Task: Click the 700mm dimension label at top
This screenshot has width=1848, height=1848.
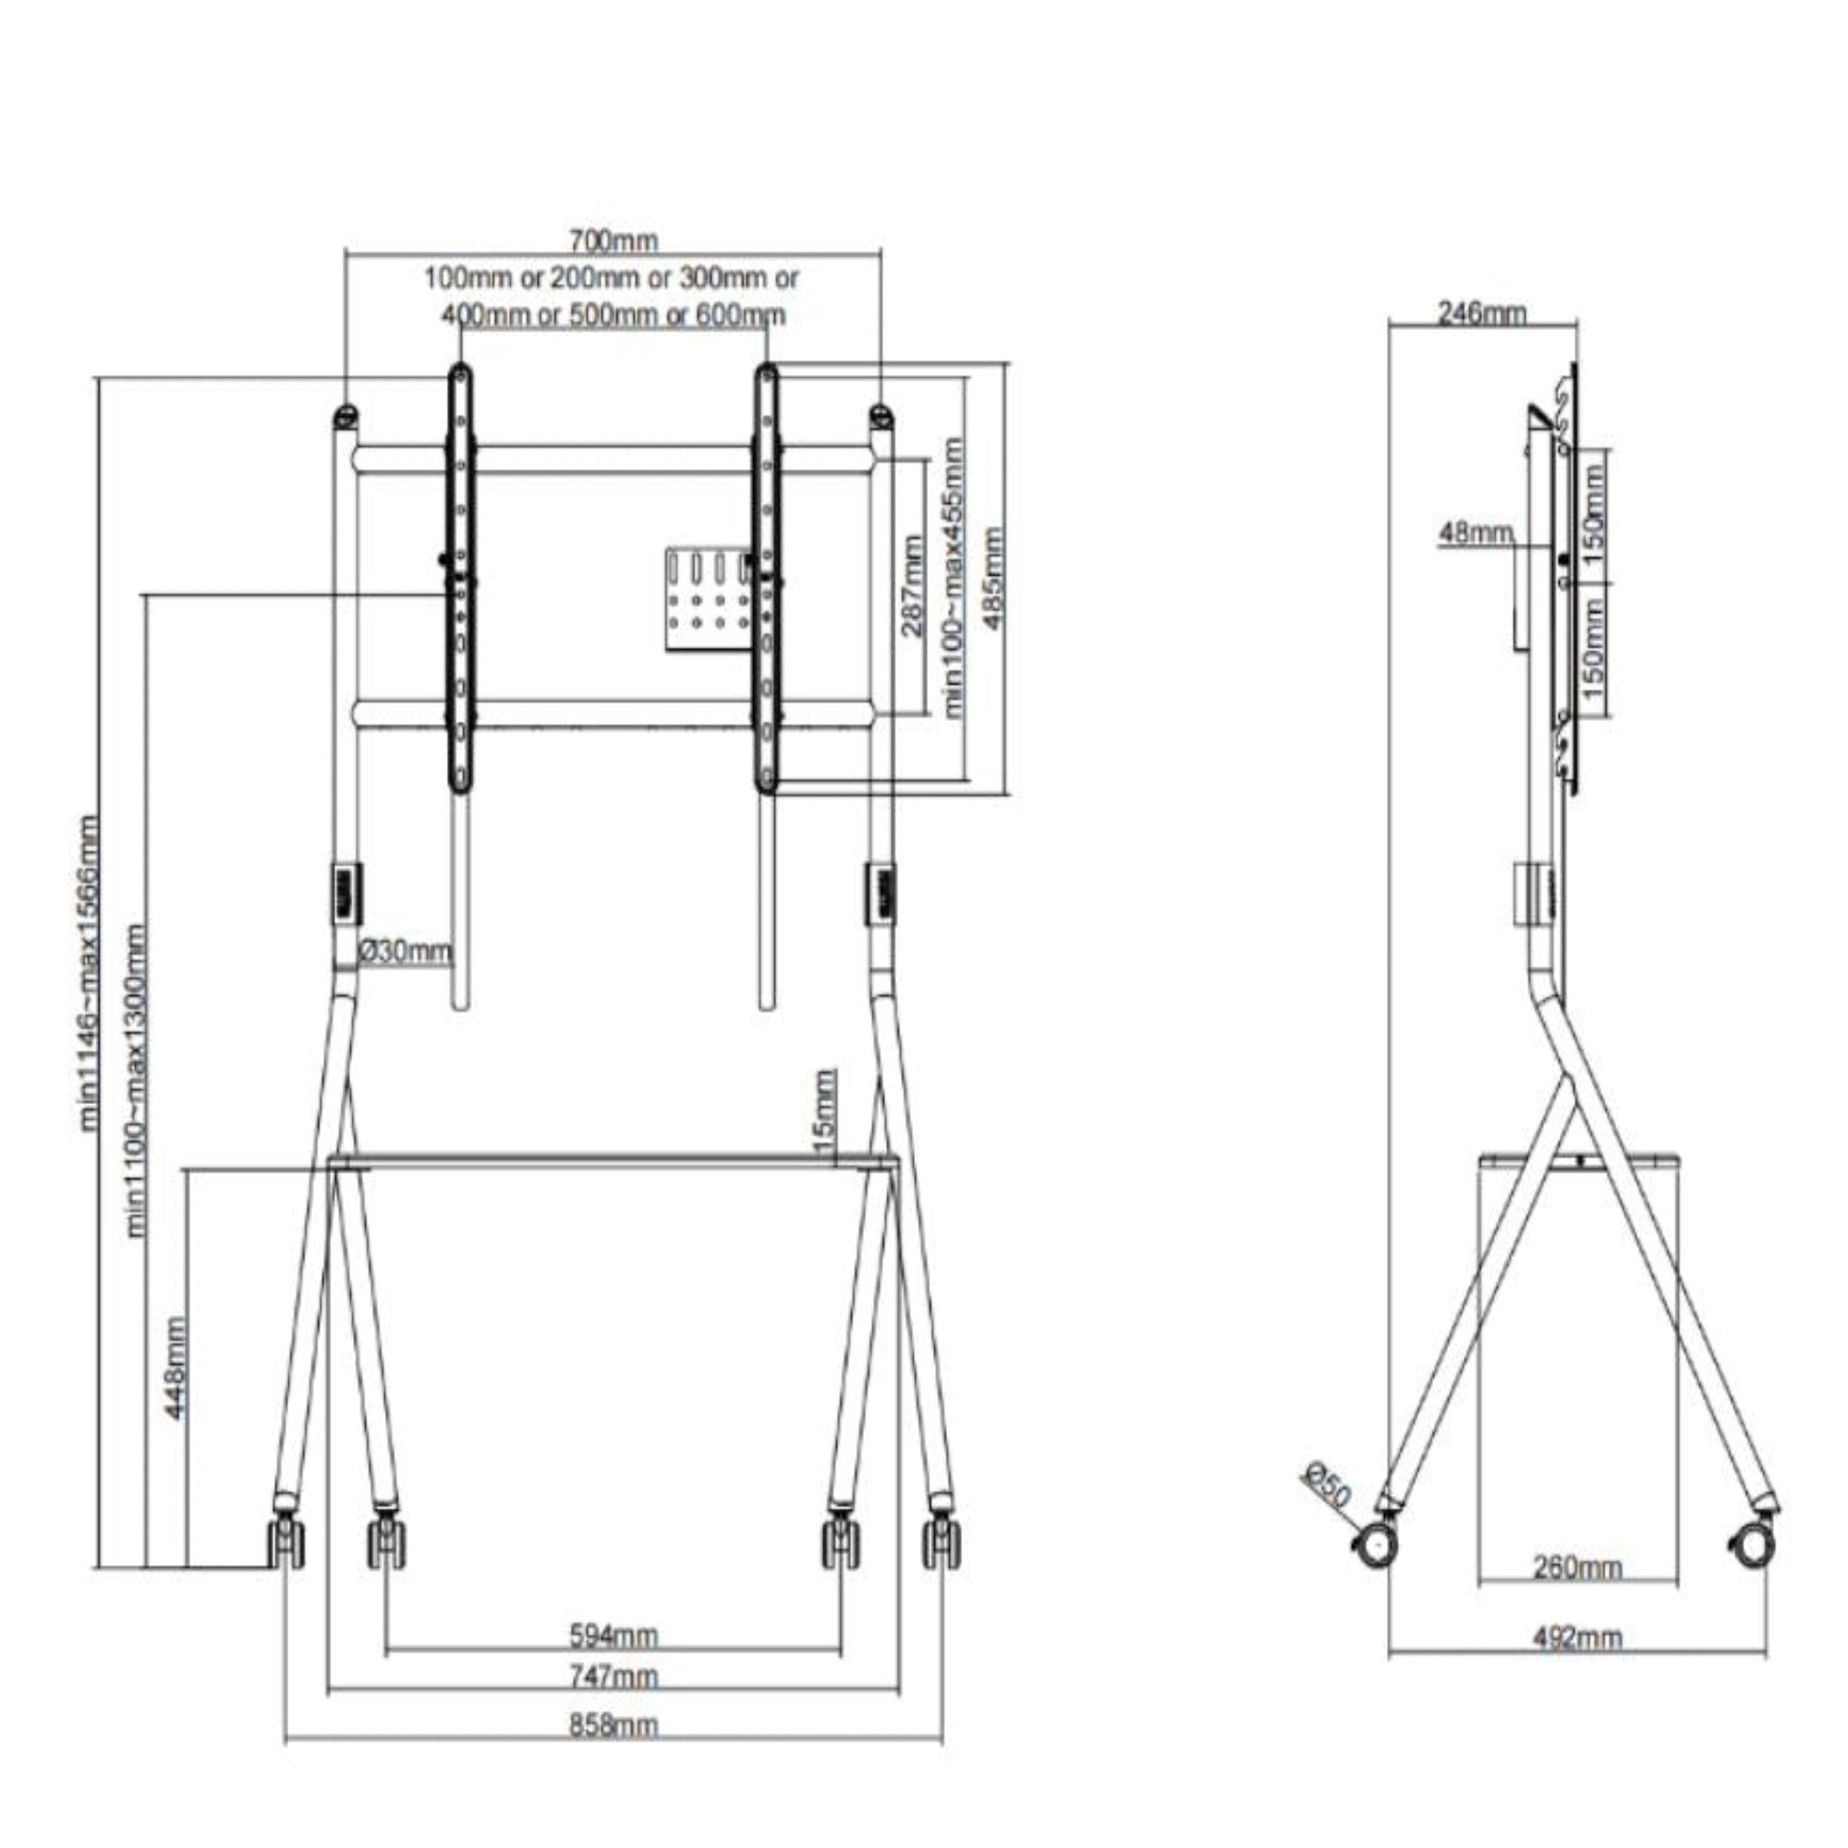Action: (614, 239)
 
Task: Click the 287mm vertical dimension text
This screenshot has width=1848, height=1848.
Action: (913, 587)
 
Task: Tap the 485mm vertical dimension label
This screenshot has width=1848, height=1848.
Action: (995, 578)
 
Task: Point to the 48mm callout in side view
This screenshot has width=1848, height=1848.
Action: (1476, 534)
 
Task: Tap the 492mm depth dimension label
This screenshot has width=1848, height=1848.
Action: (1577, 1665)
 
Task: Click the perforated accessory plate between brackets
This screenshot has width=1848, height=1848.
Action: (708, 601)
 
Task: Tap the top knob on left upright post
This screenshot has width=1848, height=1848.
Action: (346, 416)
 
